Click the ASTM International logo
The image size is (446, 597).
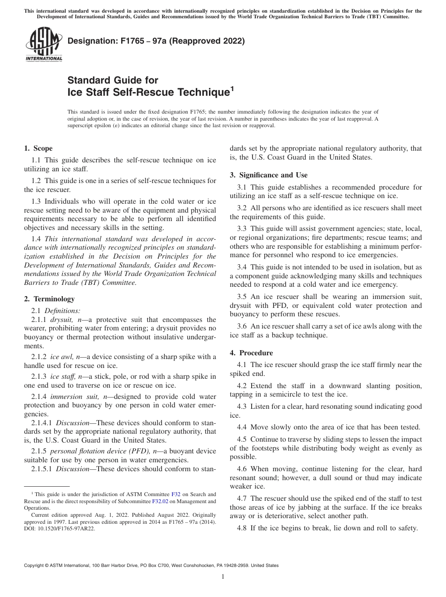pos(43,45)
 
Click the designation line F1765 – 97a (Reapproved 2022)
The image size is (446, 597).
pos(156,41)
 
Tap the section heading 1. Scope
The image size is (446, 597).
pos(38,148)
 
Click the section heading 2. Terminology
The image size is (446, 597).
pos(49,299)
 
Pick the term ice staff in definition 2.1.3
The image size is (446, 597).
pos(62,376)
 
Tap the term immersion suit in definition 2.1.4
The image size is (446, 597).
pos(71,397)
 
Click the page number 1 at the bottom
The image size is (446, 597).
pos(223,577)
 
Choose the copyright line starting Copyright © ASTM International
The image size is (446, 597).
pos(151,566)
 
